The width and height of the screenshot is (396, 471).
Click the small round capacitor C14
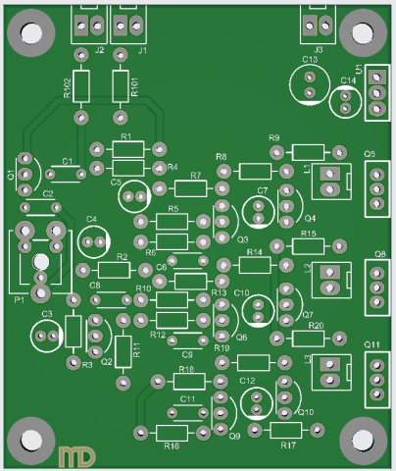coord(344,102)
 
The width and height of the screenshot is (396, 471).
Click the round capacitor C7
coord(259,209)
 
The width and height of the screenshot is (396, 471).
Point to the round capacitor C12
coord(256,401)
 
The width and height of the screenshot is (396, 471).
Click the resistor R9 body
coord(308,152)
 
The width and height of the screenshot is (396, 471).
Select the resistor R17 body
coord(286,431)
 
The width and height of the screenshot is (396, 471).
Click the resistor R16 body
coord(173,431)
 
